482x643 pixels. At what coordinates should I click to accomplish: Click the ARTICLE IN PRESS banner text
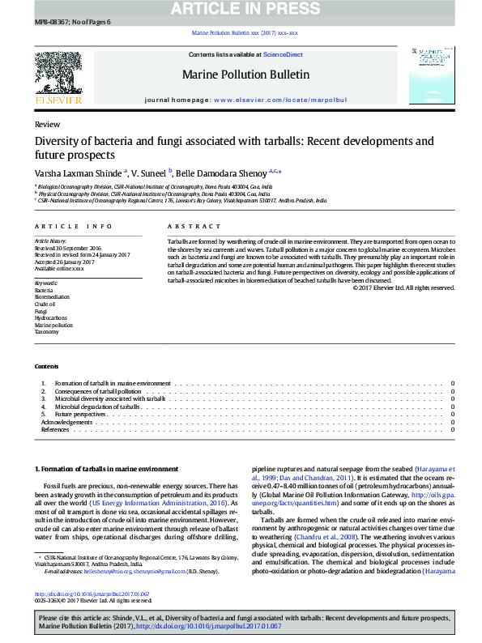[241, 10]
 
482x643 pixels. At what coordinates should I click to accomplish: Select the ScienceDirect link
[283, 54]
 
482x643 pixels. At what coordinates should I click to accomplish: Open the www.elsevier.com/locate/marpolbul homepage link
[279, 99]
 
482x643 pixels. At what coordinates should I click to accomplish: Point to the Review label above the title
[47, 125]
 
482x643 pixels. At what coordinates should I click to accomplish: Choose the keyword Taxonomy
[46, 331]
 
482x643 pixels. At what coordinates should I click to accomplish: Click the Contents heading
[46, 366]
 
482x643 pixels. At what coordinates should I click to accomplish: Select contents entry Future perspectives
[80, 414]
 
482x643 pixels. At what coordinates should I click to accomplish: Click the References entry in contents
[55, 429]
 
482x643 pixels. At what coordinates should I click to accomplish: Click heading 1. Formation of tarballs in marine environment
[105, 470]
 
